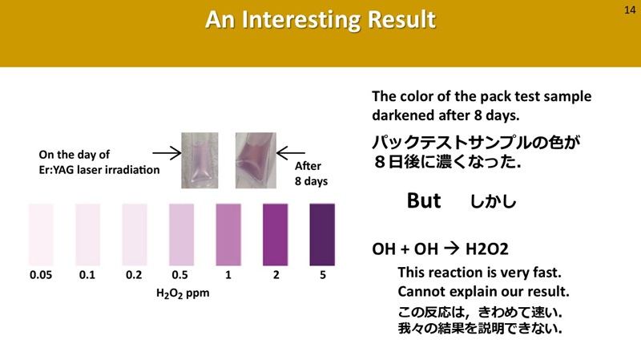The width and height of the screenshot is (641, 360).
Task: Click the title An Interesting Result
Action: click(320, 21)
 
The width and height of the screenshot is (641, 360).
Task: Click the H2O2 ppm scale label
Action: click(182, 293)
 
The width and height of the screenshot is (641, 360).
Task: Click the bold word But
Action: click(424, 201)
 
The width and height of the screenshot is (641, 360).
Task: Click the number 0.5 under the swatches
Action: click(181, 275)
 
